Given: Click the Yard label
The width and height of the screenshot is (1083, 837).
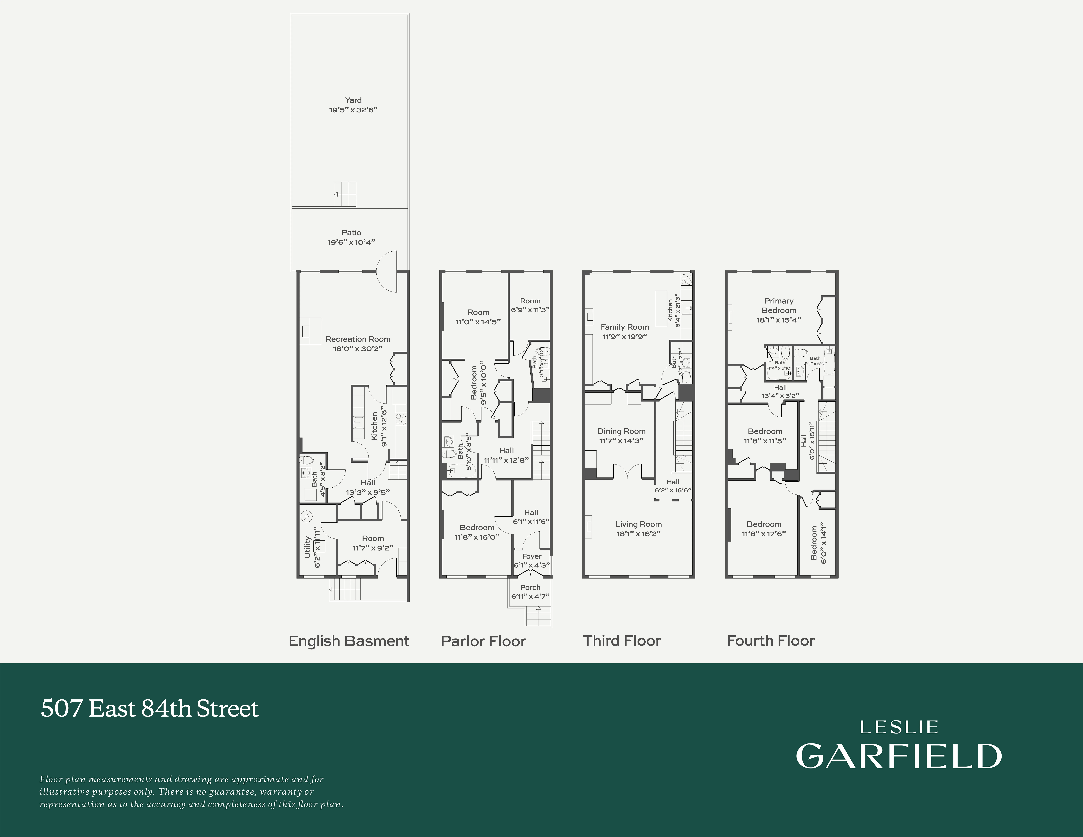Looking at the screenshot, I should coord(353,100).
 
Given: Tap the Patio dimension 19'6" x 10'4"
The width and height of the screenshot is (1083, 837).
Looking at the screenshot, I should coord(351,242).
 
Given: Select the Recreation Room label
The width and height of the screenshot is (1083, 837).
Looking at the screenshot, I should coord(358,339).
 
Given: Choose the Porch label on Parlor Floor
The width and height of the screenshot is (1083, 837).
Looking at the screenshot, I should coord(530,587).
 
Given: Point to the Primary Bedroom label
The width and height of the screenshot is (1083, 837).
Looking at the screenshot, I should coord(779,305).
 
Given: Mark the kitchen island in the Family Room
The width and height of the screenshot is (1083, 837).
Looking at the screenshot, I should coord(660,308).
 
